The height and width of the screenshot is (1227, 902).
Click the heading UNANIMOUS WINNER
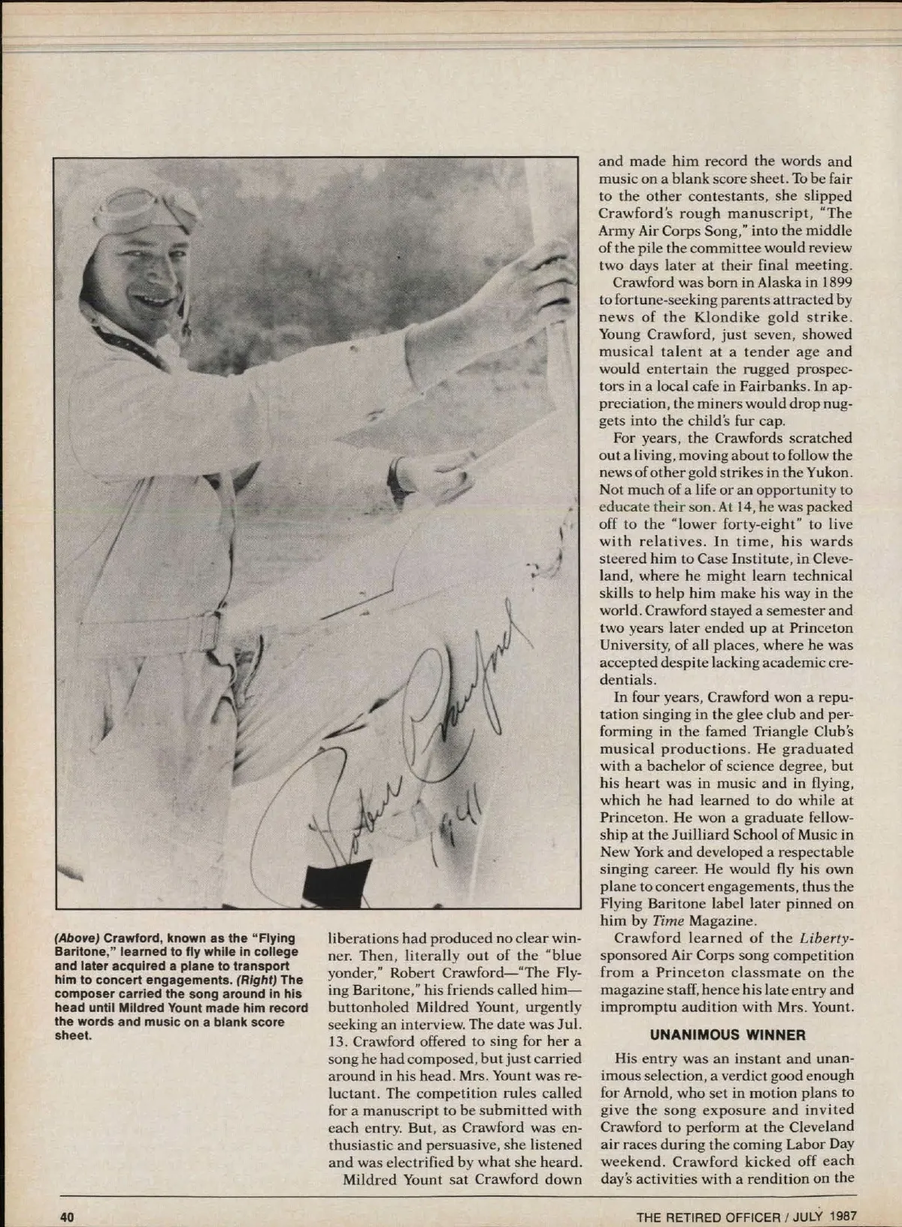(x=727, y=1035)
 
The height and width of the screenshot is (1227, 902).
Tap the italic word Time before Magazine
(x=666, y=920)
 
